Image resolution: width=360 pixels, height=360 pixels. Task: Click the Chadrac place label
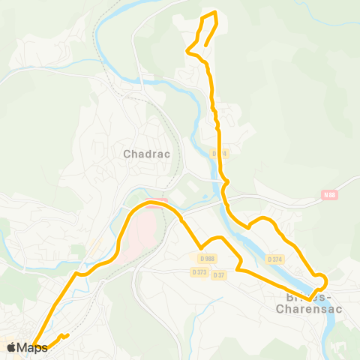pyautogui.click(x=147, y=154)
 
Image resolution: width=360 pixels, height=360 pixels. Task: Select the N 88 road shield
pyautogui.click(x=328, y=195)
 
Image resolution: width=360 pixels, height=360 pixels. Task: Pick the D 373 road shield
pyautogui.click(x=199, y=271)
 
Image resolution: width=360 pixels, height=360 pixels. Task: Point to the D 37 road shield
pyautogui.click(x=219, y=274)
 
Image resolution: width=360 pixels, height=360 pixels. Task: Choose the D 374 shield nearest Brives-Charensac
pyautogui.click(x=275, y=259)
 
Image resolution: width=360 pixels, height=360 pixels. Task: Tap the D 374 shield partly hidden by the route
pyautogui.click(x=218, y=154)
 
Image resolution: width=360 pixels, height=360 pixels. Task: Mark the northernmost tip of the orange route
pyautogui.click(x=215, y=12)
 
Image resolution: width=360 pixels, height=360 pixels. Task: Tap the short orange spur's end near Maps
pyautogui.click(x=68, y=334)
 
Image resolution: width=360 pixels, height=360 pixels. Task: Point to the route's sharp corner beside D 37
pyautogui.click(x=238, y=268)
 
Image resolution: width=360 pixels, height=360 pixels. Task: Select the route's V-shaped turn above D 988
pyautogui.click(x=200, y=248)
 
